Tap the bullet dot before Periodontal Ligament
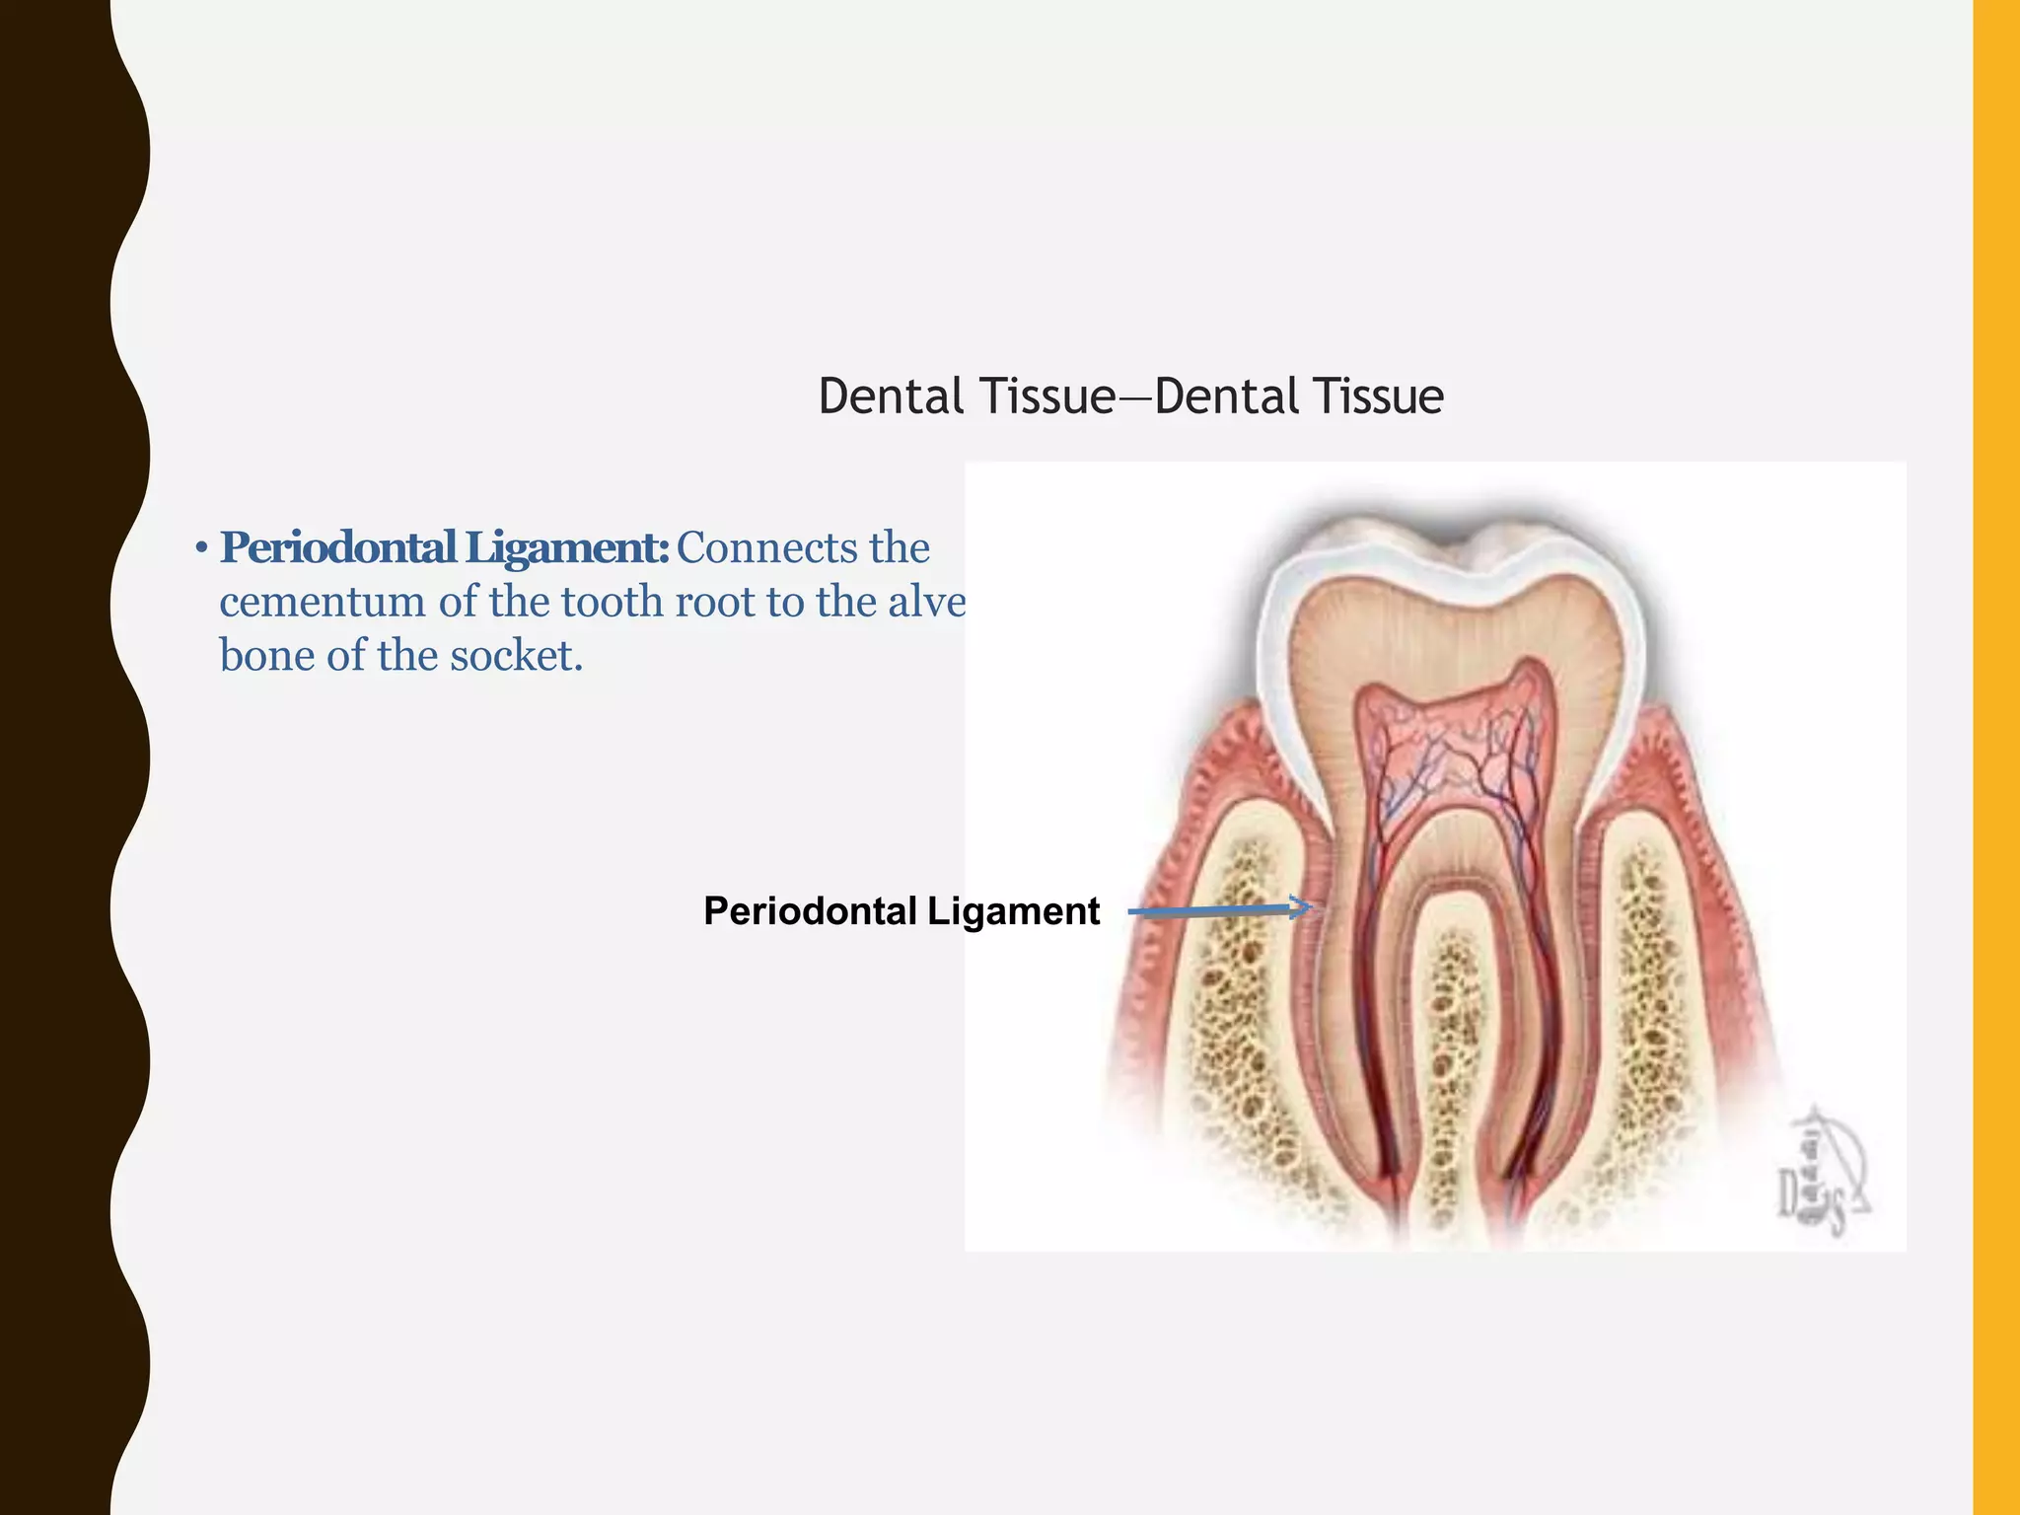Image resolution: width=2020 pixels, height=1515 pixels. tap(200, 549)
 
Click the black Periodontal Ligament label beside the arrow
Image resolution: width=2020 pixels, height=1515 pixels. tap(901, 911)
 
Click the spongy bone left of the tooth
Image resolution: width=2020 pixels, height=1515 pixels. tap(1238, 986)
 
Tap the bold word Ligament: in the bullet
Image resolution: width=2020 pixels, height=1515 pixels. tap(567, 548)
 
